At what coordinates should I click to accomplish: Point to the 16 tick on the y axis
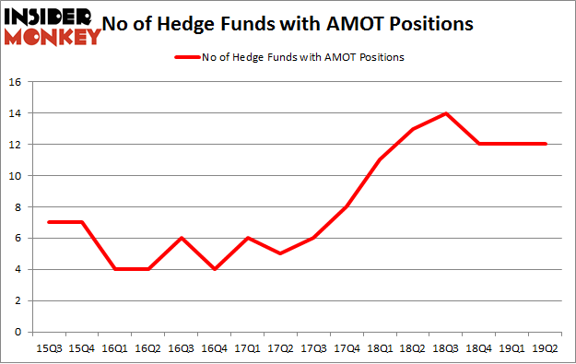tap(16, 82)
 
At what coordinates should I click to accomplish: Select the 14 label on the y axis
tap(16, 113)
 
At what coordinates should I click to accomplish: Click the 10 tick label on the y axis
tap(16, 176)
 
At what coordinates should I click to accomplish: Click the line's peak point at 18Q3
tap(446, 113)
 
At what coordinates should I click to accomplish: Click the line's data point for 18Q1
tap(380, 160)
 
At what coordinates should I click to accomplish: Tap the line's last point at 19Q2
tap(547, 145)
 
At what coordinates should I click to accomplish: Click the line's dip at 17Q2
tap(280, 253)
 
